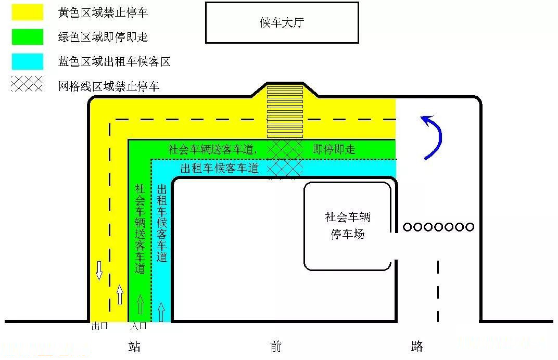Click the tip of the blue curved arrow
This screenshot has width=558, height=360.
[421, 117]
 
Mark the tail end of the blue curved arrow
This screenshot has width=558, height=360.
[425, 159]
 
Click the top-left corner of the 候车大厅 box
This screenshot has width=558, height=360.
[206, 3]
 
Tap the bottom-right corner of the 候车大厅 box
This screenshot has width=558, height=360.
[358, 43]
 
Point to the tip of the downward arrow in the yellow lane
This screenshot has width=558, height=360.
[99, 279]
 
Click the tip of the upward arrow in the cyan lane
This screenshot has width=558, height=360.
[161, 303]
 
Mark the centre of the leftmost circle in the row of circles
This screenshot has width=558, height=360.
[408, 227]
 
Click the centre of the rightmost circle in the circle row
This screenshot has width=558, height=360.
[470, 227]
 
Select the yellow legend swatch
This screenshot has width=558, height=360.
[28, 12]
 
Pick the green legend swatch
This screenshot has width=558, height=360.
[28, 36]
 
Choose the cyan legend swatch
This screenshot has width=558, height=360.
[28, 61]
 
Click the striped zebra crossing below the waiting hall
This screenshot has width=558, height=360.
[285, 111]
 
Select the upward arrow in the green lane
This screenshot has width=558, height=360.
[140, 304]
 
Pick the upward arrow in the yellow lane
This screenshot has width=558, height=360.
[120, 294]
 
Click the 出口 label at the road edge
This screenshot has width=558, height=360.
[99, 326]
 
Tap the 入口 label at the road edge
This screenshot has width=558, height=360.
[138, 326]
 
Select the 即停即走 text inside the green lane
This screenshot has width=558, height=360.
[334, 149]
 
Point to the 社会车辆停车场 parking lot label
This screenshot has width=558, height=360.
[348, 226]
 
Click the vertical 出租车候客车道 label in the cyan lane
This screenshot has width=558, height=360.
[162, 223]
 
